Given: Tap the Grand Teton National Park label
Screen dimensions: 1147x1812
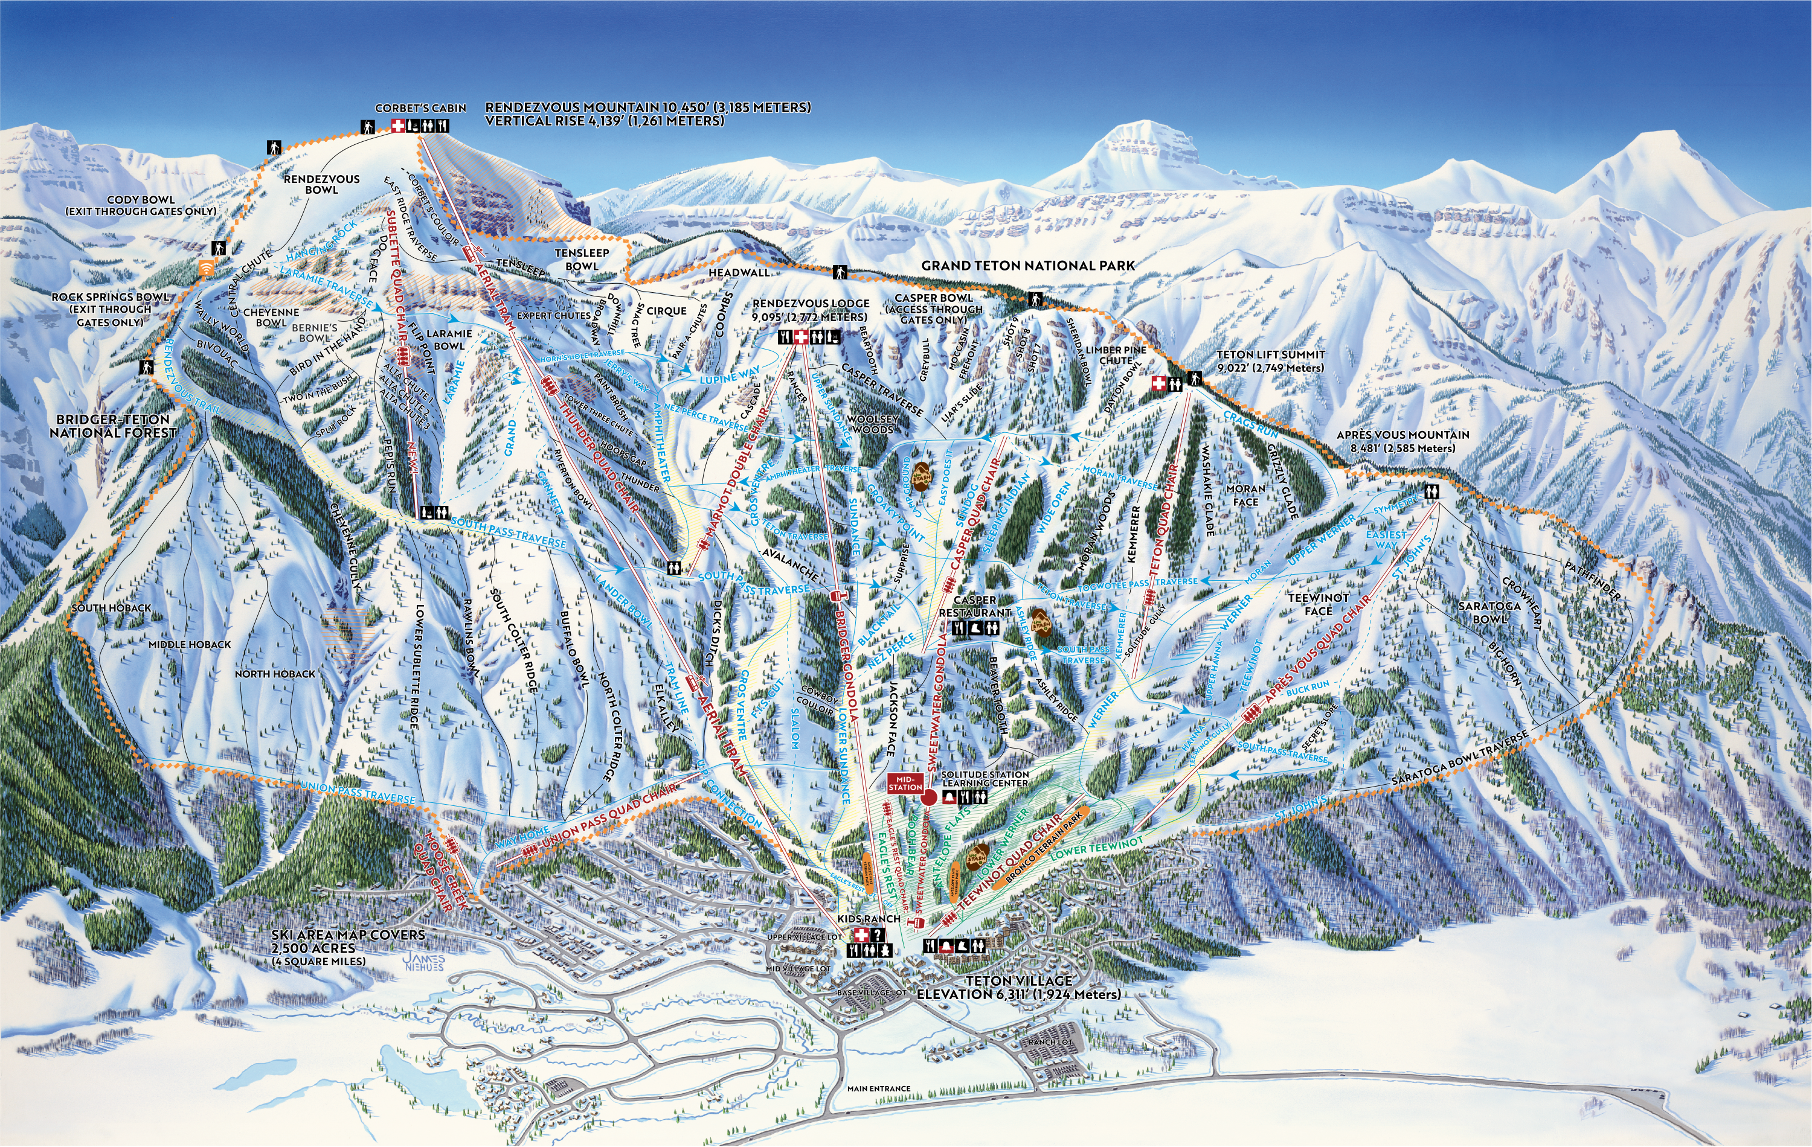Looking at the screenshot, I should (1028, 266).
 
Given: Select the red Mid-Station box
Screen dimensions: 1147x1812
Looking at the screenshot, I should (905, 784).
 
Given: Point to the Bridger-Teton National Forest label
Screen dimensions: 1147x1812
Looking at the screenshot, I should (113, 426).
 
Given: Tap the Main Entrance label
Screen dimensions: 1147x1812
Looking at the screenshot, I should (878, 1088).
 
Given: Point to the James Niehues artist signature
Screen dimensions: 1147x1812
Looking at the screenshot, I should (423, 962).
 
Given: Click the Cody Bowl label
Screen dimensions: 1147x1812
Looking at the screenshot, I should (141, 205).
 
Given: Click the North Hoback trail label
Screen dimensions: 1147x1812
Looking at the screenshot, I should (275, 674).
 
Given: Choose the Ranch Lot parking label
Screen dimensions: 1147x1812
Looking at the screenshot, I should (1050, 1043).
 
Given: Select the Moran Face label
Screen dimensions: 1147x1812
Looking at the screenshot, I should (1245, 495).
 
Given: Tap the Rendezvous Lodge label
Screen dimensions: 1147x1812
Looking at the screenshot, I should (811, 310).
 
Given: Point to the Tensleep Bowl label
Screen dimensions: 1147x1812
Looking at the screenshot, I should (582, 259).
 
